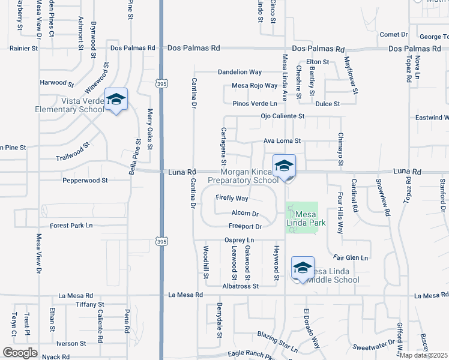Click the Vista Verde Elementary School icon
pyautogui.click(x=116, y=100)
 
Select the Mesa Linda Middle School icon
pyautogui.click(x=303, y=268)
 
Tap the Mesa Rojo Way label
pyautogui.click(x=255, y=86)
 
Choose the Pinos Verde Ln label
pyautogui.click(x=255, y=104)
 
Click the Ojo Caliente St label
pyautogui.click(x=283, y=116)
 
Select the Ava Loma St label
pyautogui.click(x=282, y=142)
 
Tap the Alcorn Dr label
pyautogui.click(x=245, y=214)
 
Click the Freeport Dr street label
pyautogui.click(x=245, y=227)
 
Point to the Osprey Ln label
pyautogui.click(x=240, y=240)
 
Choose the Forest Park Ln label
pyautogui.click(x=71, y=226)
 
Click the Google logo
pyautogui.click(x=20, y=353)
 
